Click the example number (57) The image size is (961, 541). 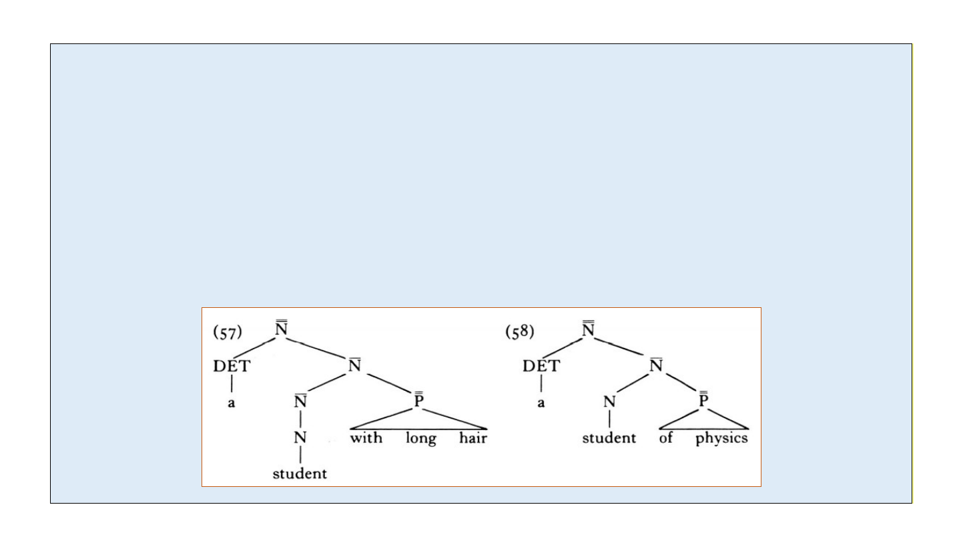coord(227,333)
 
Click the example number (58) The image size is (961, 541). coord(520,333)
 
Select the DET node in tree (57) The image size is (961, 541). coord(231,366)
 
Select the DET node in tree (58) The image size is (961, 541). coord(541,366)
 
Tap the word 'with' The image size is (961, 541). coord(366,439)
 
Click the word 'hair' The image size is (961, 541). coord(473,439)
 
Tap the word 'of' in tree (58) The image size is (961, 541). coord(666,439)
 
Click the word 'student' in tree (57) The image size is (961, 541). coord(300,474)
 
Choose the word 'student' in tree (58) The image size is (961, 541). coord(609,439)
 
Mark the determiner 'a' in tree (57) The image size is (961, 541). coord(231,403)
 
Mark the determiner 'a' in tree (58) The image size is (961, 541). coord(541,403)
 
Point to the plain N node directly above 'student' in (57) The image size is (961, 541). coord(300,438)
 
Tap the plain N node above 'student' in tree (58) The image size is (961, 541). coord(609,402)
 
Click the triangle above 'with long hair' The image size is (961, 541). coord(418,421)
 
